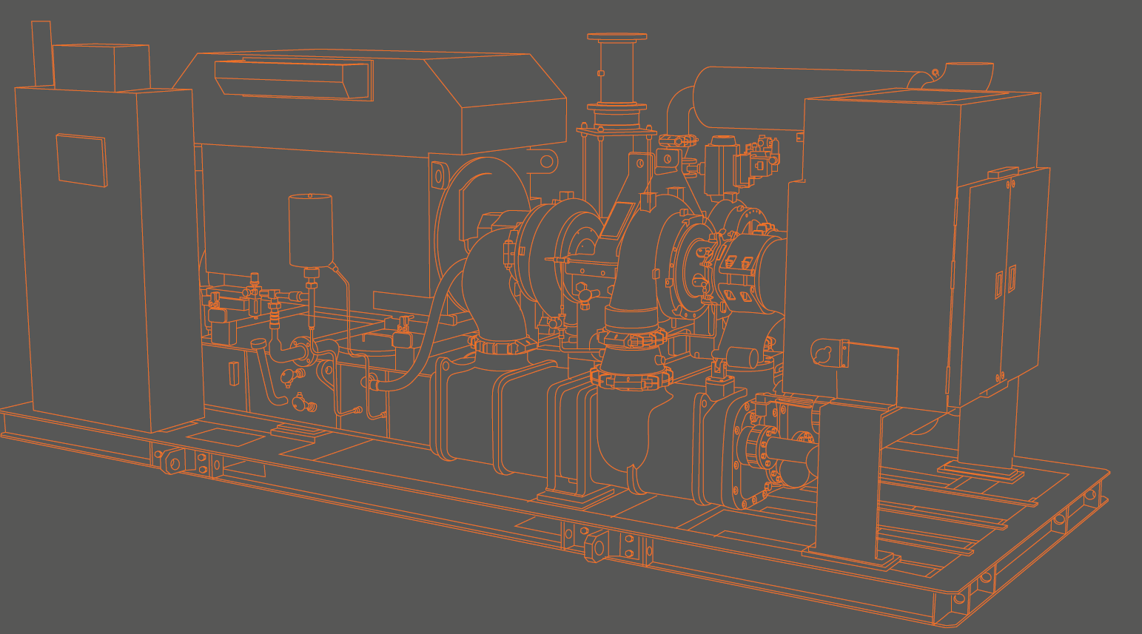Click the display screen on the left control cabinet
[x=81, y=160]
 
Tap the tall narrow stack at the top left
[x=41, y=53]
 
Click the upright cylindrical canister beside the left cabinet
[x=310, y=230]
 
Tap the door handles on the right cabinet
[x=1005, y=282]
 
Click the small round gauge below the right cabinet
[x=822, y=354]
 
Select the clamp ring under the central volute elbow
[x=629, y=380]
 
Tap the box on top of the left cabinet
[x=101, y=67]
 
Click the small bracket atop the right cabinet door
[x=1004, y=172]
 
